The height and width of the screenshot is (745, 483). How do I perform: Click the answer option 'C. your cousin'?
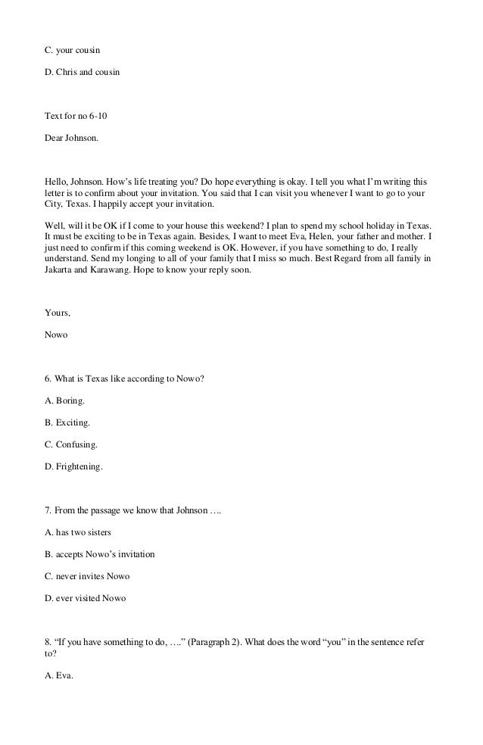coord(73,50)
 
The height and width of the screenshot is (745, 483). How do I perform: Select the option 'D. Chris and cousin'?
coord(82,73)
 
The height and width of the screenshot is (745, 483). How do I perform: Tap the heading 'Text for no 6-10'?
coord(77,117)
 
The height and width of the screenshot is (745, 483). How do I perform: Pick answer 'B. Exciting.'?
coord(67,423)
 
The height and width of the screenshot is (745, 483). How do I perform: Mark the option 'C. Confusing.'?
coord(71,445)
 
